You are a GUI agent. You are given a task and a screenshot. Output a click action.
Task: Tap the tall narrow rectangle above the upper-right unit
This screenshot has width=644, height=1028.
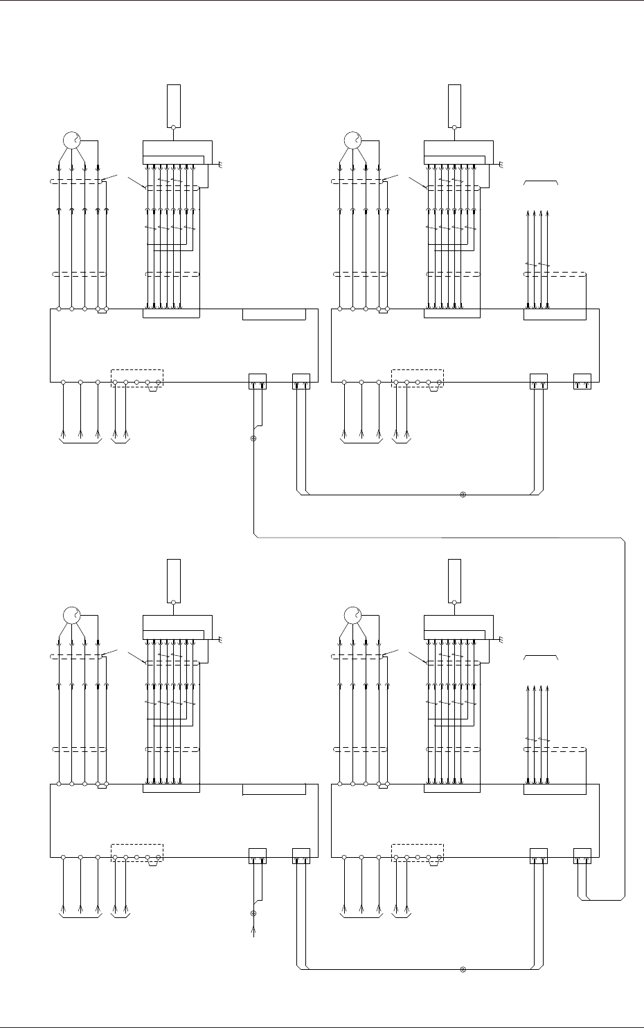pos(454,104)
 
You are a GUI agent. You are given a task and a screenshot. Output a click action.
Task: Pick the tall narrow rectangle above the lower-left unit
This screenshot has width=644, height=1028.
pos(173,579)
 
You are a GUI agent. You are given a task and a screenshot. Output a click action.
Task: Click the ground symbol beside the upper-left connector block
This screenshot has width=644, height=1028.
pos(220,165)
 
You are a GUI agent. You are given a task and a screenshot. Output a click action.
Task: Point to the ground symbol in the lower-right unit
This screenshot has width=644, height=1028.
pos(501,639)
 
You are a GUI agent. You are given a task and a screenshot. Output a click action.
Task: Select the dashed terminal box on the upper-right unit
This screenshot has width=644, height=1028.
pos(418,378)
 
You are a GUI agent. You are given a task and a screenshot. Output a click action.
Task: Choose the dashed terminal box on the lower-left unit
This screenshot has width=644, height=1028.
pos(136,852)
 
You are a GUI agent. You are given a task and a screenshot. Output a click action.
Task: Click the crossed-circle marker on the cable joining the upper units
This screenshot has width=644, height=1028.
pos(463,495)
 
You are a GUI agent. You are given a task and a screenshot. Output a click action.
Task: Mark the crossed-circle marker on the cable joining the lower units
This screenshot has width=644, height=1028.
pos(463,969)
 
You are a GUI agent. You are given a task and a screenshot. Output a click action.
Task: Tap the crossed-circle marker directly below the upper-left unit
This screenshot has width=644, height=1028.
pos(253,439)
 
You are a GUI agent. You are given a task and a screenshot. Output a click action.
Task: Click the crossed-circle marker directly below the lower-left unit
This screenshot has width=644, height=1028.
pos(253,913)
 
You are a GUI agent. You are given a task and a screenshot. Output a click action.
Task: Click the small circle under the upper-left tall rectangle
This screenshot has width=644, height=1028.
pos(173,127)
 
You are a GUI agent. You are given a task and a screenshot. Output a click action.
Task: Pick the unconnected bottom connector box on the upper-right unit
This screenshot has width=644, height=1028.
pos(582,380)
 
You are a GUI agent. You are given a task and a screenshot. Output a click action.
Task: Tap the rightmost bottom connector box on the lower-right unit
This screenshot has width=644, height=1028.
pos(582,855)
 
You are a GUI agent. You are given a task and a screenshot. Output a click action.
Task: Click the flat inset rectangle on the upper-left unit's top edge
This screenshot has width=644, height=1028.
pos(274,315)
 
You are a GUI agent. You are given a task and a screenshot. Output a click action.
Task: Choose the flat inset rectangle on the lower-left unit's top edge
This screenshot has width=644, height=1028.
pos(274,790)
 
